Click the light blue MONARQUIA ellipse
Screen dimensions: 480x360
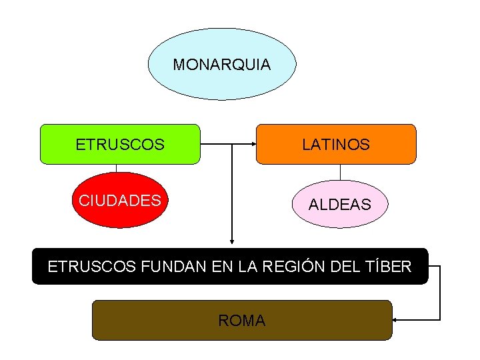tap(222, 64)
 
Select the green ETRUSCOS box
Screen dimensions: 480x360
tap(120, 144)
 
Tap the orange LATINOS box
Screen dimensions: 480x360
tap(336, 144)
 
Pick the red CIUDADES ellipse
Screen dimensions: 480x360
tap(120, 200)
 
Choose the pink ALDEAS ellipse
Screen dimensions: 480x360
tap(340, 204)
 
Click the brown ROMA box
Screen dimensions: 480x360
tap(242, 320)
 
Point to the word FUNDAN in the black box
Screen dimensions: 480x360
tap(173, 266)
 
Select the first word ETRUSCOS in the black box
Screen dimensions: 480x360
tap(92, 266)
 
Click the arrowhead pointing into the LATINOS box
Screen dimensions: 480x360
tap(254, 144)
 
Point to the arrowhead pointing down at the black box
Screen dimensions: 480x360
tap(232, 241)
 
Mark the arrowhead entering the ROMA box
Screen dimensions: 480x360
tap(395, 320)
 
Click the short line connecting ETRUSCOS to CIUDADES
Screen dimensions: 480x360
tap(116, 169)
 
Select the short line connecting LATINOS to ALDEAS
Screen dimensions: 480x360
tap(340, 173)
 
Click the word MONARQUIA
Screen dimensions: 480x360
tap(222, 65)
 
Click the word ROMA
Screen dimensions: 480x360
tap(242, 321)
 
